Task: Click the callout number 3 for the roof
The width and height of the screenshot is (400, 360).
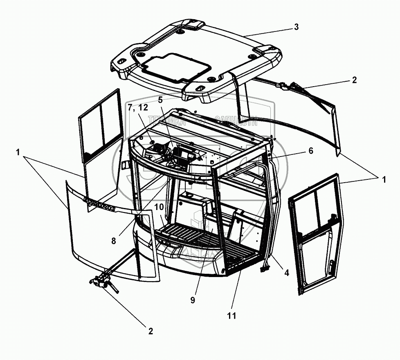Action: pos(296,27)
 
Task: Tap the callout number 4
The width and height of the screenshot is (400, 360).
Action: pos(287,273)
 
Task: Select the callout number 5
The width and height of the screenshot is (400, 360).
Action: pos(160,99)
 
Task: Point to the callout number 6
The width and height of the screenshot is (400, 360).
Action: pos(311,151)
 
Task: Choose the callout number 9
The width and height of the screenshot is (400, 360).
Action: pos(193,300)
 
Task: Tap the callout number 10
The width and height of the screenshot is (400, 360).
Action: pos(159,207)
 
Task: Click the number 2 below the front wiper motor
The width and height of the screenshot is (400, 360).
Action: pos(151,331)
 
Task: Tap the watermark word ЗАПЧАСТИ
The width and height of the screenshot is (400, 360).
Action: pos(235,120)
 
